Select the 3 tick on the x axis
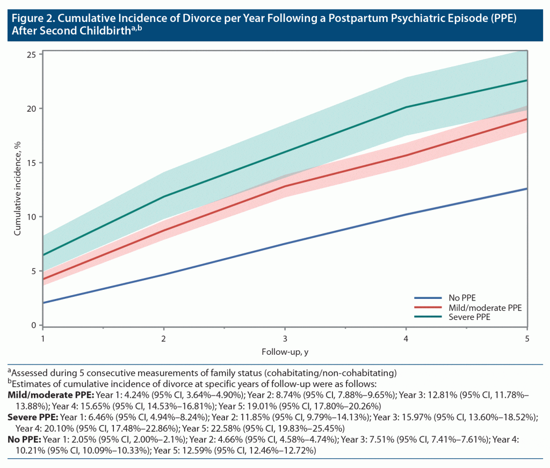(x=285, y=339)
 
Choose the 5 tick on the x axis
(x=527, y=339)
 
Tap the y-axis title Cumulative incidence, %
(x=18, y=189)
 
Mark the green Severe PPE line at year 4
(x=406, y=107)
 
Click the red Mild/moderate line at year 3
(x=285, y=186)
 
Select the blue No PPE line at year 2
(x=164, y=275)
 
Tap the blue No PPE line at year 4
(x=406, y=215)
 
